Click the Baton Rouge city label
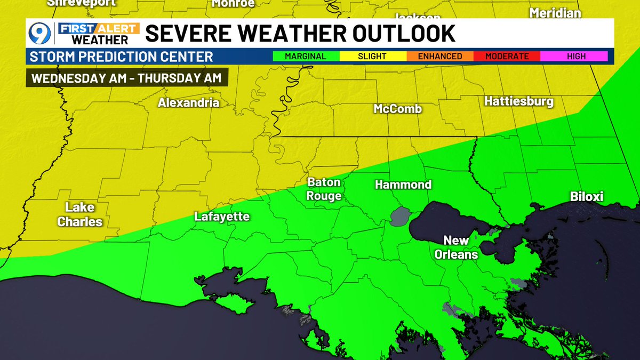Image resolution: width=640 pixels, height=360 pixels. [x=324, y=189]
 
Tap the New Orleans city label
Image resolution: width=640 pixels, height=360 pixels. [x=456, y=247]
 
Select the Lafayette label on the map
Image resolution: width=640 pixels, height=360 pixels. [x=222, y=217]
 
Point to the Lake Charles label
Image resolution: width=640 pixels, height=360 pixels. [x=80, y=214]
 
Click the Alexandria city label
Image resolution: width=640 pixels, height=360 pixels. [x=188, y=103]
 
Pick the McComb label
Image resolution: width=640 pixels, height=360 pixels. [x=397, y=109]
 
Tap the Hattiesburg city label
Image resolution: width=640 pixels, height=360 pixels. [x=518, y=101]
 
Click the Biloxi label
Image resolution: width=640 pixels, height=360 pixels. [x=586, y=197]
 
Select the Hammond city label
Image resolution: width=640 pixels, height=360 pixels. [x=403, y=185]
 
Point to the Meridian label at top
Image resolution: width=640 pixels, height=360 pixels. [x=555, y=13]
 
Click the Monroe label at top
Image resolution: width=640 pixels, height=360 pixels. [x=233, y=4]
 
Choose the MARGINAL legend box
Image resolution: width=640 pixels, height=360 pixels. [x=306, y=56]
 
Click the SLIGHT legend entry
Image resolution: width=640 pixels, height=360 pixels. [x=372, y=56]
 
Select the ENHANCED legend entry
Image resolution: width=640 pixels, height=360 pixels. [x=439, y=56]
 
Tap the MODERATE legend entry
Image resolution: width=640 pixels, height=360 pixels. [x=507, y=56]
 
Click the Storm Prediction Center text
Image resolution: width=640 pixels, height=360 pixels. [x=122, y=57]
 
